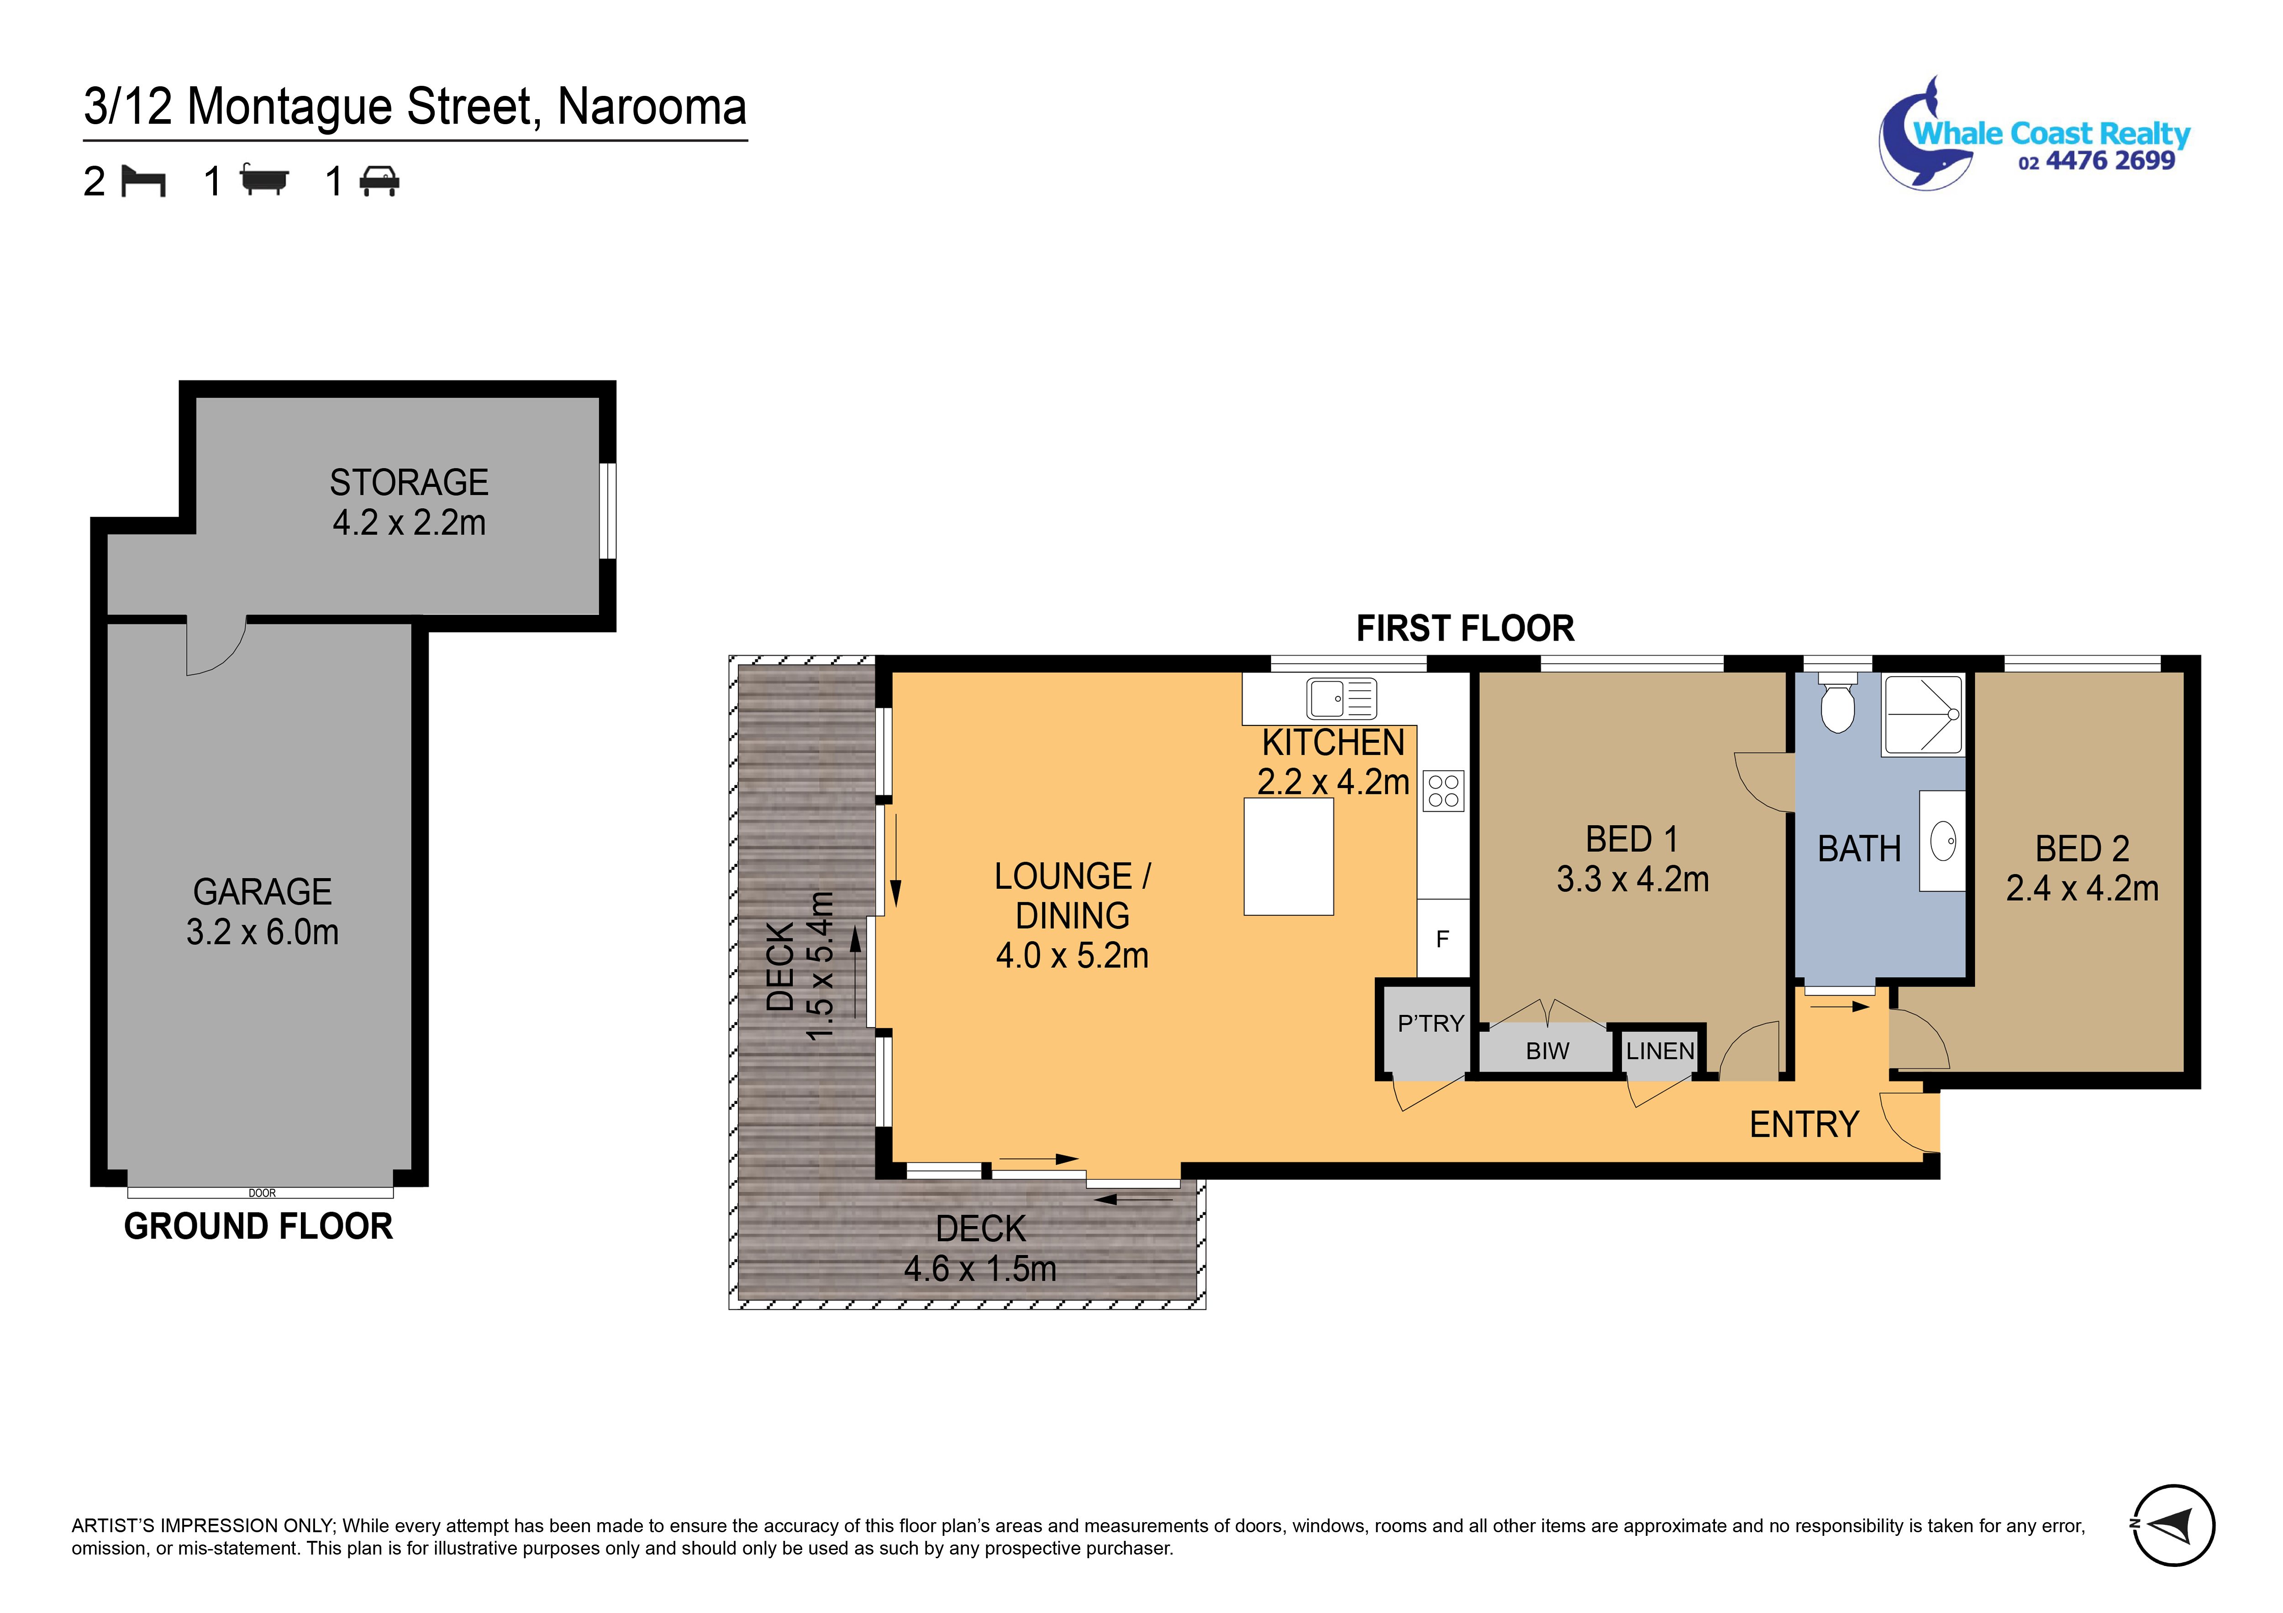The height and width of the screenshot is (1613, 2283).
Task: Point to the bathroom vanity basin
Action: (x=1943, y=841)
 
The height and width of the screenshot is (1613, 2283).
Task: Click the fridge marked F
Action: (x=1443, y=939)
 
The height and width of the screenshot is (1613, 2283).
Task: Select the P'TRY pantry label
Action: (x=1430, y=1023)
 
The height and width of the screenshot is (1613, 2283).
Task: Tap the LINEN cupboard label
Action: (x=1660, y=1051)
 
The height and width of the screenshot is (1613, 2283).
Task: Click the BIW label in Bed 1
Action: (x=1547, y=1051)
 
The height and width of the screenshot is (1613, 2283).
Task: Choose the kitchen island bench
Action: (x=1289, y=856)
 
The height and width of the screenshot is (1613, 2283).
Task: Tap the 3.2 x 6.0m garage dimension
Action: (x=263, y=932)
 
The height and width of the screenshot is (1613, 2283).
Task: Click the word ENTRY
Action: (x=1804, y=1125)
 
